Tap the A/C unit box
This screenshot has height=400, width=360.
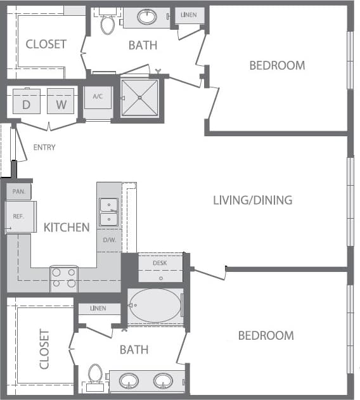[98, 101]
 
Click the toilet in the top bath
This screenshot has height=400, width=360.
[107, 24]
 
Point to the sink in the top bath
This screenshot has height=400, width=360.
[147, 18]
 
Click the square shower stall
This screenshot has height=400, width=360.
[139, 98]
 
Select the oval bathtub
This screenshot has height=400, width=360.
[155, 306]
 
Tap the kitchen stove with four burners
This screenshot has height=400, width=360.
[64, 278]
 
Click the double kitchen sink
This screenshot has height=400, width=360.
[109, 212]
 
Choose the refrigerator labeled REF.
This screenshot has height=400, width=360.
[20, 217]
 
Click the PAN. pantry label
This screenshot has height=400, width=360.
[18, 191]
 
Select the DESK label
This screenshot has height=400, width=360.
[160, 262]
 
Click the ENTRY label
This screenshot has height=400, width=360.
[44, 148]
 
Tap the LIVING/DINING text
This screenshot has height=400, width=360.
[252, 200]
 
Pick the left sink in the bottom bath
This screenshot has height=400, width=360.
[129, 381]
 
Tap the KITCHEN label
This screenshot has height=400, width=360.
[67, 227]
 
